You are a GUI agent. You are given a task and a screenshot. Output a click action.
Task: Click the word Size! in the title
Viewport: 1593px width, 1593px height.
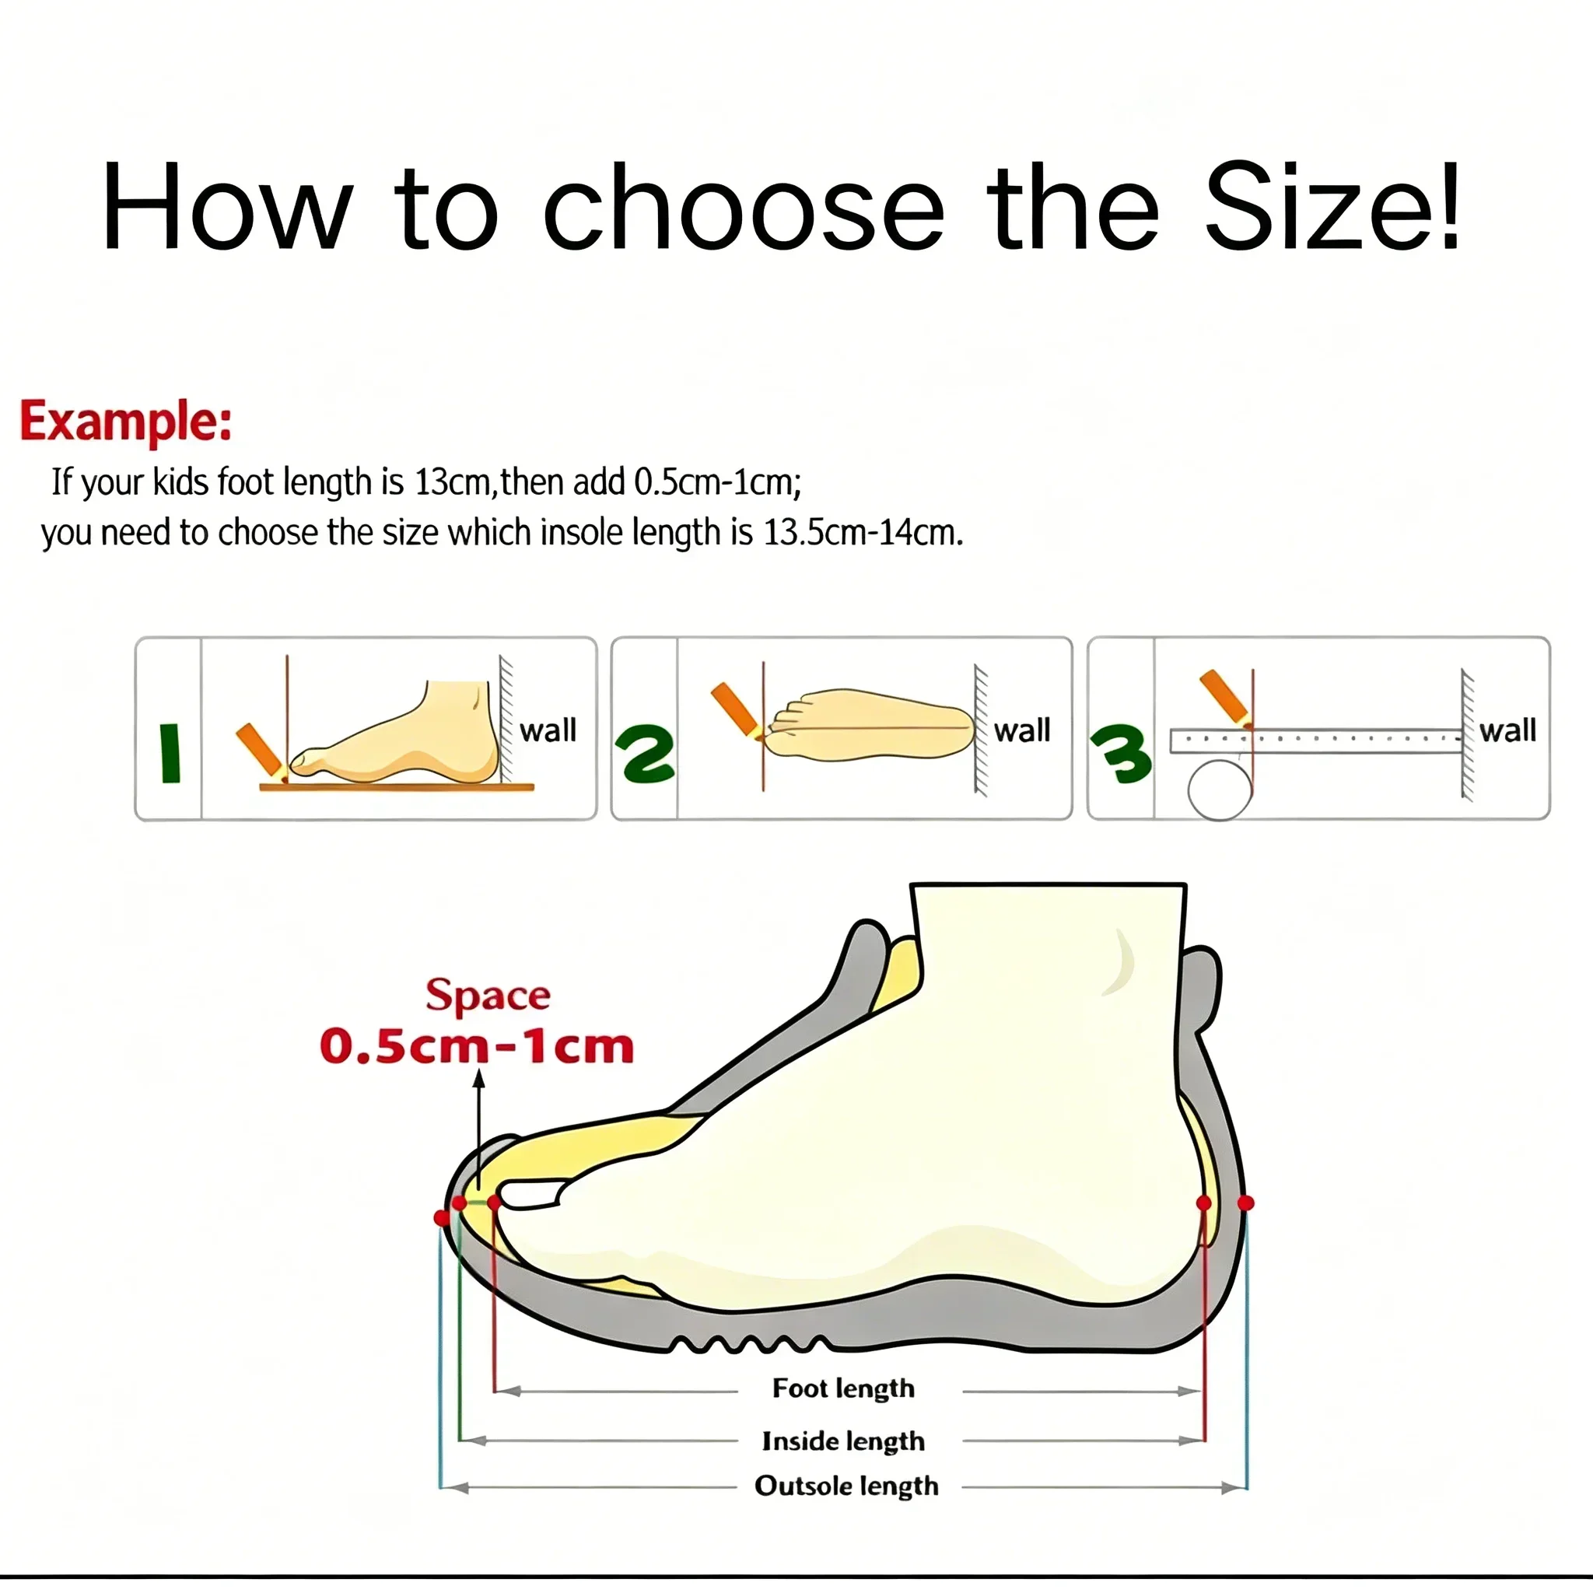click(1332, 207)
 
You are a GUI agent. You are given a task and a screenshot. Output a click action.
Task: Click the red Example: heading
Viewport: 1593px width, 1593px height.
click(125, 422)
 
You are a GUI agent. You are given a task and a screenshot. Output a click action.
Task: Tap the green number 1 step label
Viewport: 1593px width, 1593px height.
click(170, 753)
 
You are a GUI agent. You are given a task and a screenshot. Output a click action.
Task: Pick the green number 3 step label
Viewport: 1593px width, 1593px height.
click(1121, 754)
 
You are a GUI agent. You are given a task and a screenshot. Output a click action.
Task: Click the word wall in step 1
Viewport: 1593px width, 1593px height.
click(548, 730)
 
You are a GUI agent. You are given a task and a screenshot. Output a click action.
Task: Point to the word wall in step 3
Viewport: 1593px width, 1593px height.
click(1507, 730)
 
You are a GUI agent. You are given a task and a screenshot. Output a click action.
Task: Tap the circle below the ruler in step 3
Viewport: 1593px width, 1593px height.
click(1220, 789)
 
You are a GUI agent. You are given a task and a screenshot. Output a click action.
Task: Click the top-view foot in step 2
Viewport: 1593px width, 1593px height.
click(868, 726)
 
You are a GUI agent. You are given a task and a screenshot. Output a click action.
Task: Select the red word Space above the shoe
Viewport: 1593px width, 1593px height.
click(488, 996)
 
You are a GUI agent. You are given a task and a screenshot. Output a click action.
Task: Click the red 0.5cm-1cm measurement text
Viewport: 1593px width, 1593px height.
click(477, 1047)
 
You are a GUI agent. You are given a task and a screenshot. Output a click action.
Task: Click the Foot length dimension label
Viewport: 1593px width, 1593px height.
click(843, 1388)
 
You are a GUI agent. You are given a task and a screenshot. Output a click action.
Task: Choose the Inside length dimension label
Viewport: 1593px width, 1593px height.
click(843, 1441)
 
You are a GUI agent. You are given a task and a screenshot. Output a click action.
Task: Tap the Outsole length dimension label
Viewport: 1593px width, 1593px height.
click(847, 1486)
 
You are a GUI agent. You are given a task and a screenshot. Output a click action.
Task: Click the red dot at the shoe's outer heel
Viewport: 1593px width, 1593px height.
click(1246, 1203)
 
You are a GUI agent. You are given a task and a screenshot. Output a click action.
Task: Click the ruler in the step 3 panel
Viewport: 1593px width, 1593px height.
click(1316, 740)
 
